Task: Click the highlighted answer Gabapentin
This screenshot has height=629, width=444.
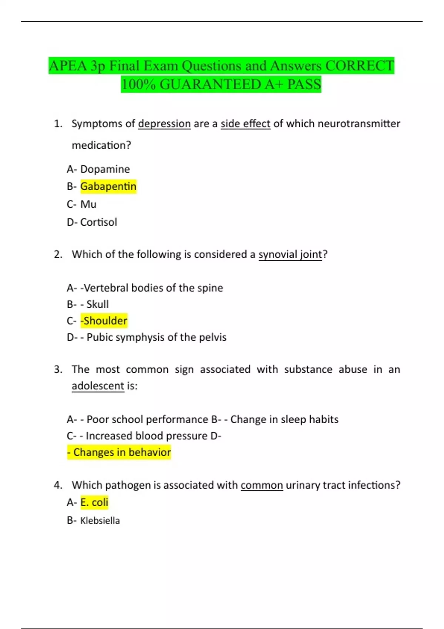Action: point(108,186)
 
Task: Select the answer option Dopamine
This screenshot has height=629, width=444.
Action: point(105,169)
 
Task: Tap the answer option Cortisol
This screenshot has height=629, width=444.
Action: point(98,222)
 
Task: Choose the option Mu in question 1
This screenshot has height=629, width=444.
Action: point(88,204)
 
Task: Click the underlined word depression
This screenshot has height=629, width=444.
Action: point(164,124)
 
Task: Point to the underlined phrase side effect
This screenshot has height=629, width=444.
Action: point(245,124)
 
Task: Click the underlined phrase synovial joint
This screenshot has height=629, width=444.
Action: point(290,255)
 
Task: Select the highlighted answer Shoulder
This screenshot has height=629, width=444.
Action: point(104,321)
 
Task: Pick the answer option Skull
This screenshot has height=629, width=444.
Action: point(97,304)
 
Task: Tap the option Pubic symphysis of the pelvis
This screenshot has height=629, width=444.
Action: point(156,337)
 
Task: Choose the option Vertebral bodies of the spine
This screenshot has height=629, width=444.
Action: point(153,288)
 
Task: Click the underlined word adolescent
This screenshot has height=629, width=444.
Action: point(98,386)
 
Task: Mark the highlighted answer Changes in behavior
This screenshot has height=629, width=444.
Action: point(119,452)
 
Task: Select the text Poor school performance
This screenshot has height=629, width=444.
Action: point(147,420)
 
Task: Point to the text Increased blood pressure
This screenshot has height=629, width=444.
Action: point(147,436)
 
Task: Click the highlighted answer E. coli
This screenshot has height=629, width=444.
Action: point(94,502)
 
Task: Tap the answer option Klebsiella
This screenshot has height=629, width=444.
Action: point(100,521)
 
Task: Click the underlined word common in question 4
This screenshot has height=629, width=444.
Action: point(262,485)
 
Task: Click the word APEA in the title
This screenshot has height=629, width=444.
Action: point(68,66)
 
